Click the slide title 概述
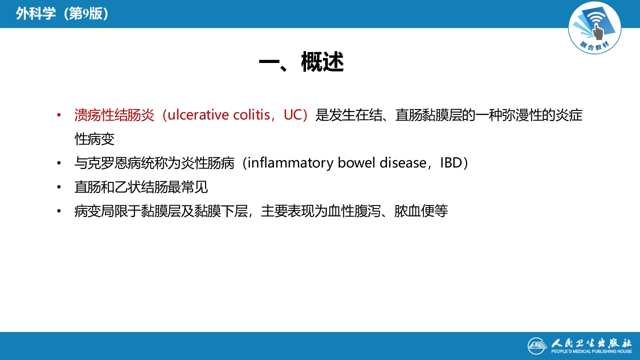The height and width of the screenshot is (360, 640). coord(322,63)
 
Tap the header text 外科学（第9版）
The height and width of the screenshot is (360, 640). coord(62,13)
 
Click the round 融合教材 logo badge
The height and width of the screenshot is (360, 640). coord(594,28)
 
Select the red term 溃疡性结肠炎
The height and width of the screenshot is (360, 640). coord(114,115)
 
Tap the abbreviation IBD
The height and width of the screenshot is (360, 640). coord(451,163)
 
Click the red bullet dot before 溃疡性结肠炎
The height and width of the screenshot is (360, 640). coord(59,115)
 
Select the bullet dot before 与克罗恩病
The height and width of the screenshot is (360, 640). coord(59,163)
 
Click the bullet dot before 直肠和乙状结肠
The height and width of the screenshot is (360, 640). coord(59,187)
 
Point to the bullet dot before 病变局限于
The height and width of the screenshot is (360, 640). coord(59,211)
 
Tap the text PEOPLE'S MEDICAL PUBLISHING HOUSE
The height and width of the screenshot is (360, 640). coord(591,352)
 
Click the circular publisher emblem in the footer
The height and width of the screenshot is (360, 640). coord(537,346)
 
